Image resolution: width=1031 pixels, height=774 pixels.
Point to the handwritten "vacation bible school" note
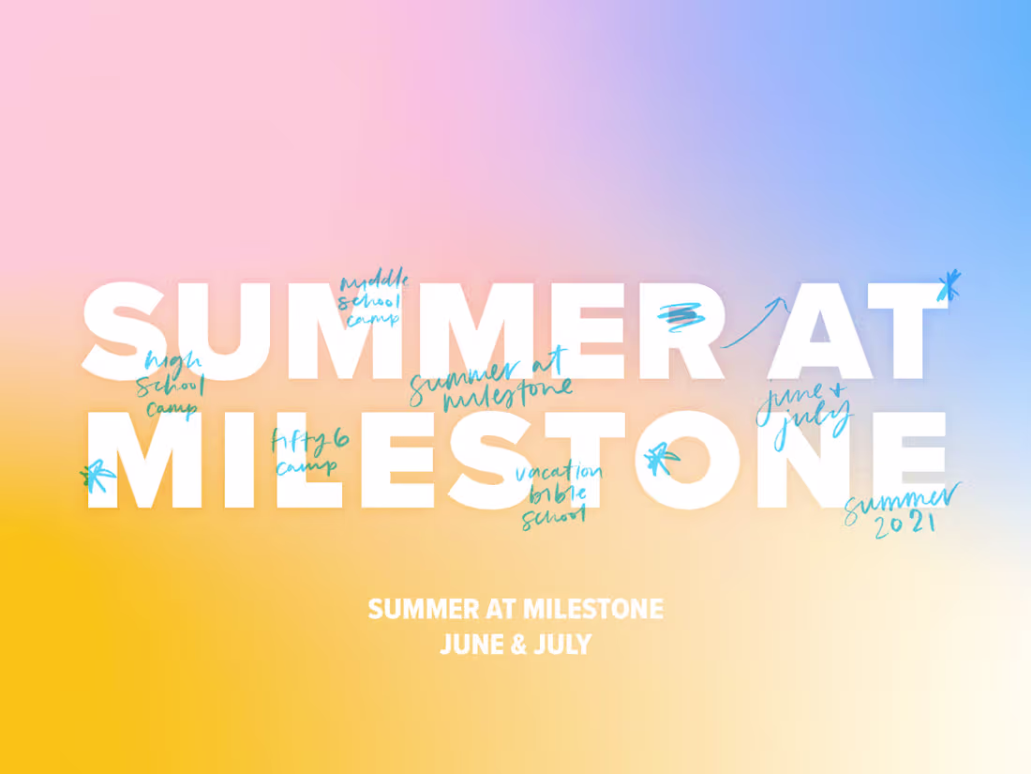[557, 494]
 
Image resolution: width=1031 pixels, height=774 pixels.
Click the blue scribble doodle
[680, 316]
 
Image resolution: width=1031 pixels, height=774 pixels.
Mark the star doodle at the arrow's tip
[949, 285]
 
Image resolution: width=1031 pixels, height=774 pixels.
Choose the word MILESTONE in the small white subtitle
[592, 610]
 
